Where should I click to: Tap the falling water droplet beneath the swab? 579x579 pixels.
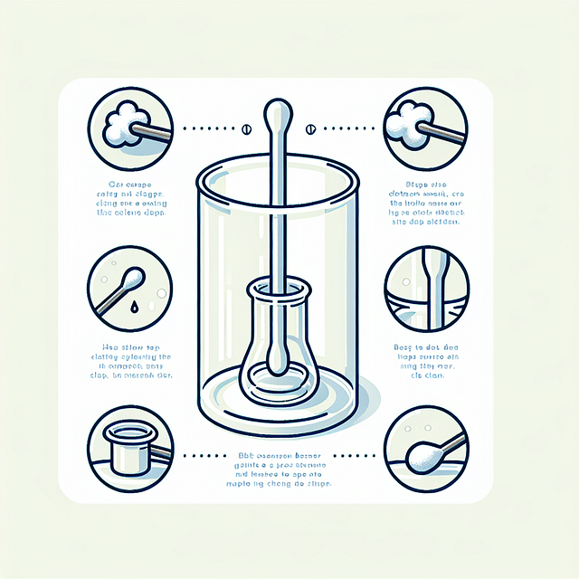[x=133, y=308]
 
